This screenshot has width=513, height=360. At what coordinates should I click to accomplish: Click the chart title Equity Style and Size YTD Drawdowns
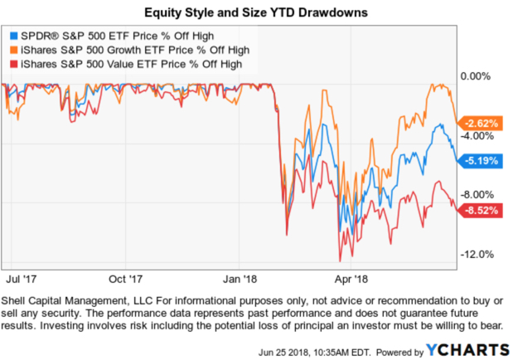(x=255, y=13)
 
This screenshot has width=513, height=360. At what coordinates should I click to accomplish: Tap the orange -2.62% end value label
(x=482, y=123)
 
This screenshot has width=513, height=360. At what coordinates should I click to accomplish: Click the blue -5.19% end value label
(x=482, y=159)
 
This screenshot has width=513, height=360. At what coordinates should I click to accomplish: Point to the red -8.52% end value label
(x=482, y=211)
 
